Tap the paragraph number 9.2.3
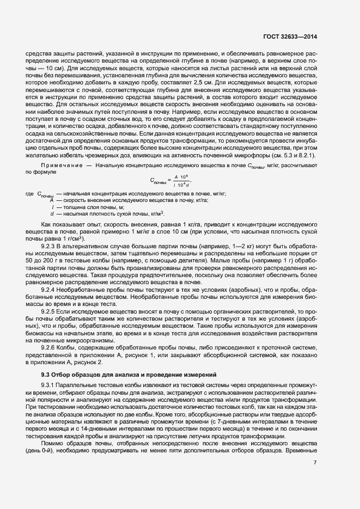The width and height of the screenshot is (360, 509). (x=50, y=246)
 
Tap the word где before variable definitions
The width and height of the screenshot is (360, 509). (x=30, y=194)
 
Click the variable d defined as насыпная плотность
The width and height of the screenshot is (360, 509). (x=52, y=214)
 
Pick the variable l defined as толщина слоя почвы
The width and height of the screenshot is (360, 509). (x=52, y=207)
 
